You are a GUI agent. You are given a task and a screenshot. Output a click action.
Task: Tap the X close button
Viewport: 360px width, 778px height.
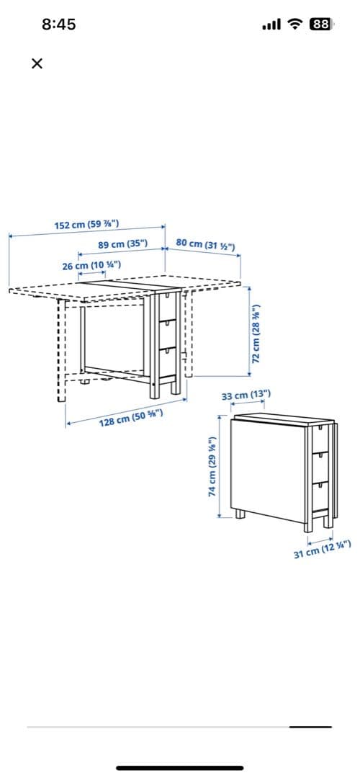pyautogui.click(x=37, y=63)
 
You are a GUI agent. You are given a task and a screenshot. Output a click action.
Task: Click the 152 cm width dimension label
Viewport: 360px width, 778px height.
pyautogui.click(x=86, y=224)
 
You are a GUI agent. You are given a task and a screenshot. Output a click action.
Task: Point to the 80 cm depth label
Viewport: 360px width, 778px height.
pyautogui.click(x=204, y=244)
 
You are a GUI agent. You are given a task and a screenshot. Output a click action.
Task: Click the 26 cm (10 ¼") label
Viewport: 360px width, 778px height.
pyautogui.click(x=91, y=265)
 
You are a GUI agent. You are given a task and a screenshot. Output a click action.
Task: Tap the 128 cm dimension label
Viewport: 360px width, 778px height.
pyautogui.click(x=130, y=418)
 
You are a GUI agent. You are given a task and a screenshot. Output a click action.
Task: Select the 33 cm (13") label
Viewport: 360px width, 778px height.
pyautogui.click(x=246, y=395)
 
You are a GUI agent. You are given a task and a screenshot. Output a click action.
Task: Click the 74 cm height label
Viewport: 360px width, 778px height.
pyautogui.click(x=212, y=466)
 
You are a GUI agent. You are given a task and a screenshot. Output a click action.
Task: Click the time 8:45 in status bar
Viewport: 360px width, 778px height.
pyautogui.click(x=58, y=24)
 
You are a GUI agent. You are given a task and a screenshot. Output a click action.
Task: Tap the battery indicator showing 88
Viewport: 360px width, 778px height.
pyautogui.click(x=320, y=24)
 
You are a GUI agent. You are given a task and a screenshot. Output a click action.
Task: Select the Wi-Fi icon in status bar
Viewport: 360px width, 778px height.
pyautogui.click(x=295, y=24)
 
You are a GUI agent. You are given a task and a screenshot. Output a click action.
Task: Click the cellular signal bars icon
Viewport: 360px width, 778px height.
pyautogui.click(x=271, y=24)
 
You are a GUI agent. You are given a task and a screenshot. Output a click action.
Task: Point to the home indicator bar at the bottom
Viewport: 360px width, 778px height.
pyautogui.click(x=180, y=768)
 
